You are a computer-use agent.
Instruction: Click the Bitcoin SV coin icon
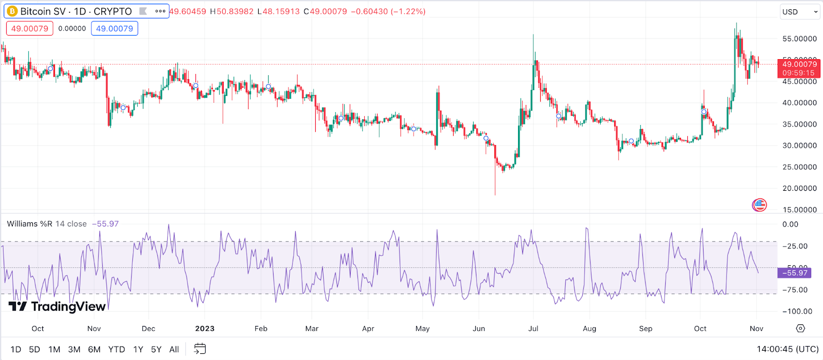tap(12, 11)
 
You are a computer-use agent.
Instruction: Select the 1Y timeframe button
tap(138, 349)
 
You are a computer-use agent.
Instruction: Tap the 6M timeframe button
tap(94, 349)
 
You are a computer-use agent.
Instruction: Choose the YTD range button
tap(116, 349)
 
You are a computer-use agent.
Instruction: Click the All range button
tap(174, 349)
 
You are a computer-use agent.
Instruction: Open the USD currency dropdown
tap(799, 12)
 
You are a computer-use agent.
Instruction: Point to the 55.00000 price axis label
tap(799, 39)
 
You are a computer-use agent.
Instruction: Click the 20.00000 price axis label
tap(799, 188)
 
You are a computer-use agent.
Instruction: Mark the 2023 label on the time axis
tap(205, 329)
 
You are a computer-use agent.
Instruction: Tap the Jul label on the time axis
tap(533, 329)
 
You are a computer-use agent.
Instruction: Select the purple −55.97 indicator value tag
tap(795, 273)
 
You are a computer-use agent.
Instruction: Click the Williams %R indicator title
tap(47, 224)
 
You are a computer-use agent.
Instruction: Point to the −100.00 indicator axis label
tap(797, 311)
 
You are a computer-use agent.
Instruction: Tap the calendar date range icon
tap(200, 349)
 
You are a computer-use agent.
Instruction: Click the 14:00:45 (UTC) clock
tap(788, 349)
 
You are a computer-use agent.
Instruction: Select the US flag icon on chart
tap(759, 205)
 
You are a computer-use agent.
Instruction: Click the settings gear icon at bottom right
tap(800, 328)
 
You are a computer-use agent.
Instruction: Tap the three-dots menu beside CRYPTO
tap(160, 11)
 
